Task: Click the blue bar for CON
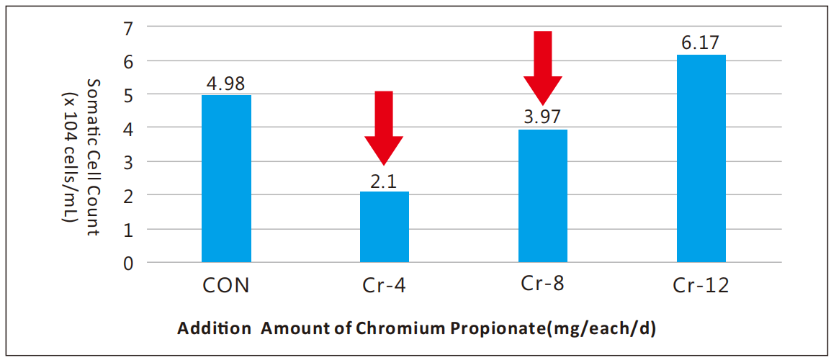coord(226,179)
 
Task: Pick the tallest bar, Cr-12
coord(701,158)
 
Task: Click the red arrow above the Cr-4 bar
coord(384,127)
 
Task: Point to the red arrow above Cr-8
coord(542,67)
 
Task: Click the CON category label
coord(226,286)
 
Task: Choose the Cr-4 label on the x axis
coord(385,286)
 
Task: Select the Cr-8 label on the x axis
coord(542,283)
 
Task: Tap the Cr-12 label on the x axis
coord(701,286)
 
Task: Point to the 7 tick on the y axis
coord(129,29)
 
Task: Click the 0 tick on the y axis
coord(129,264)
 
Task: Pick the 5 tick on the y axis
coord(129,95)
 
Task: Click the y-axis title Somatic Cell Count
coord(92,157)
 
